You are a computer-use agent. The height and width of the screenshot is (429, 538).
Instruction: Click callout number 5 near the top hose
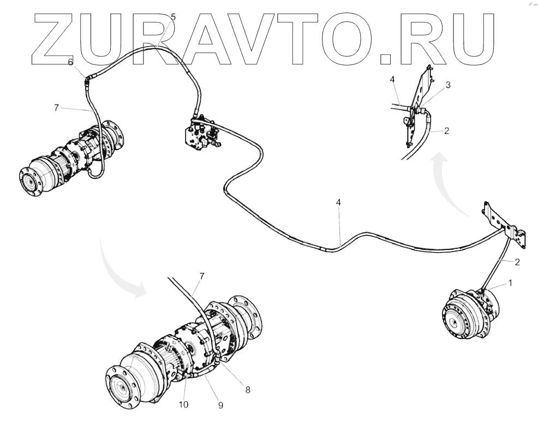(x=173, y=17)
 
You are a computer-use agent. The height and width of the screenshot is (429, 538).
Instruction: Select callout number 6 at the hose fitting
(x=70, y=62)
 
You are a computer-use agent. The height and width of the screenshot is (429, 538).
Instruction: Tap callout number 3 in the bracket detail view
(x=447, y=85)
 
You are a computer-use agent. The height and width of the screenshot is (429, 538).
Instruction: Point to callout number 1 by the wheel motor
(x=510, y=283)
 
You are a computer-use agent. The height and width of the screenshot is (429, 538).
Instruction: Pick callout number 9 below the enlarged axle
(x=220, y=405)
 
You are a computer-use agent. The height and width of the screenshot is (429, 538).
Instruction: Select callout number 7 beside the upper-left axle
(x=56, y=108)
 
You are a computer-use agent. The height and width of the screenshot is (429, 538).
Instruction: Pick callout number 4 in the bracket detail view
(x=392, y=80)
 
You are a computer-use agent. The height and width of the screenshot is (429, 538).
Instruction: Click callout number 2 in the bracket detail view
(x=446, y=131)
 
